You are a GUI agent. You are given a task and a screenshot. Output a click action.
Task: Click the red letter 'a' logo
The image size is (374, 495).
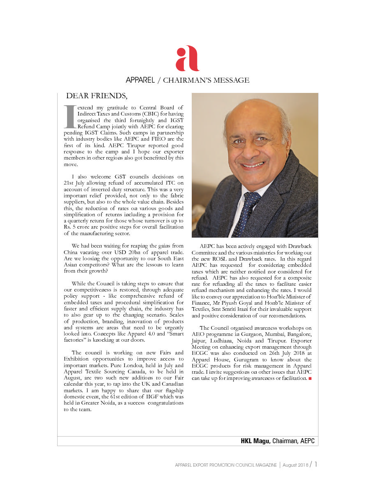pyautogui.click(x=187, y=58)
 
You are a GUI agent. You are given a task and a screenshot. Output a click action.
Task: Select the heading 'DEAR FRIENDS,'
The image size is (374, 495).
pyautogui.click(x=97, y=96)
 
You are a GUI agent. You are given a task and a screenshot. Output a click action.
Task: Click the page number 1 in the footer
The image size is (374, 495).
pyautogui.click(x=316, y=465)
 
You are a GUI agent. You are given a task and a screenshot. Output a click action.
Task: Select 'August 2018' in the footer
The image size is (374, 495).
pyautogui.click(x=295, y=465)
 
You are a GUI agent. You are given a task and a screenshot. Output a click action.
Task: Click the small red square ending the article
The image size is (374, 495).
pyautogui.click(x=310, y=378)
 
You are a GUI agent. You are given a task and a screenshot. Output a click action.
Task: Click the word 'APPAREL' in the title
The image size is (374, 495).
pyautogui.click(x=140, y=80)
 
